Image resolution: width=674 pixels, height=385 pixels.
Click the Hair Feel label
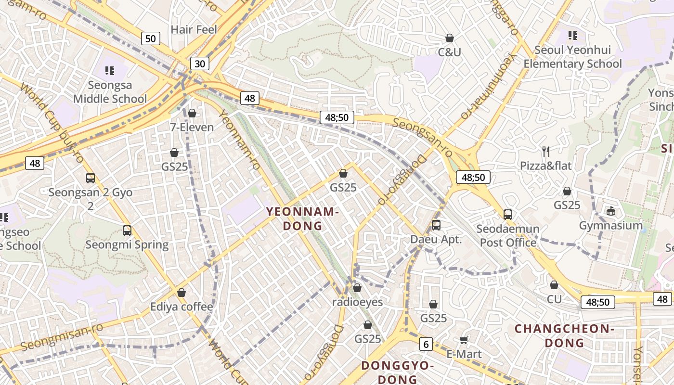pyautogui.click(x=194, y=29)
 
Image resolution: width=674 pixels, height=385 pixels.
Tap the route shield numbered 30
pyautogui.click(x=200, y=64)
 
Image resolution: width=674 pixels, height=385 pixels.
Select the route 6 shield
pyautogui.click(x=426, y=344)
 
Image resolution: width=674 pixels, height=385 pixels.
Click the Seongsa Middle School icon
pyautogui.click(x=110, y=71)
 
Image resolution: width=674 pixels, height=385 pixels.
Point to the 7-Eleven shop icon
pyautogui.click(x=192, y=113)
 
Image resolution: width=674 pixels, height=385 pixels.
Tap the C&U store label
pyautogui.click(x=449, y=52)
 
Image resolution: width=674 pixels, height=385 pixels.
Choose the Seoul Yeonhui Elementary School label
pyautogui.click(x=572, y=57)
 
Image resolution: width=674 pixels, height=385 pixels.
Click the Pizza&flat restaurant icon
pyautogui.click(x=546, y=152)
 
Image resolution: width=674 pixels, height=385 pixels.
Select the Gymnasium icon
pyautogui.click(x=611, y=211)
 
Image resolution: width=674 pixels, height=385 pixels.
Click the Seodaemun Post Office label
pyautogui.click(x=508, y=235)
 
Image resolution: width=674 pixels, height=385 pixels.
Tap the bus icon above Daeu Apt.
pyautogui.click(x=436, y=225)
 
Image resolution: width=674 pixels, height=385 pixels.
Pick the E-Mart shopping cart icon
pyautogui.click(x=464, y=340)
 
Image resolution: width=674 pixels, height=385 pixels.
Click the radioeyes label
pyautogui.click(x=357, y=302)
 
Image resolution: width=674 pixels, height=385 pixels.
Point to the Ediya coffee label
pyautogui.click(x=181, y=307)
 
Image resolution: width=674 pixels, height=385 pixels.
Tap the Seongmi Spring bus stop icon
pyautogui.click(x=127, y=230)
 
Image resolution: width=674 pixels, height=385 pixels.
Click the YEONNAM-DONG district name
pyautogui.click(x=303, y=218)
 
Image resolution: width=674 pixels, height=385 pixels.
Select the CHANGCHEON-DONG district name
pyautogui.click(x=564, y=335)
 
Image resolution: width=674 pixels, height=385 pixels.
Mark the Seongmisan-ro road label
pyautogui.click(x=62, y=336)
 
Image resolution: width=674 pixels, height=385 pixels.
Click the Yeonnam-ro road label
pyautogui.click(x=240, y=140)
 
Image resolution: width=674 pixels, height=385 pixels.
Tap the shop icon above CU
pyautogui.click(x=554, y=285)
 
